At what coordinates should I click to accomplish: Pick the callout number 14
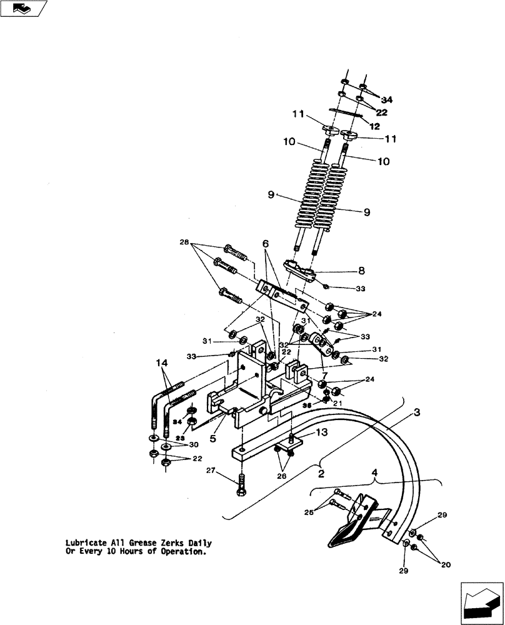pyautogui.click(x=161, y=362)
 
